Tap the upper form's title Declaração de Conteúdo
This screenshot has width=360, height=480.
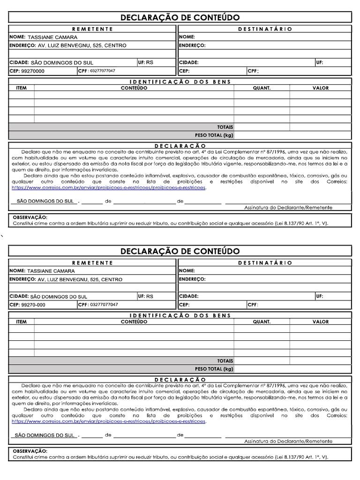[180, 18]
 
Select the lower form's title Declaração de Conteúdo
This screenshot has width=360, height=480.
[180, 251]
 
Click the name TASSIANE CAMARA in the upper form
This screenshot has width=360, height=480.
[52, 37]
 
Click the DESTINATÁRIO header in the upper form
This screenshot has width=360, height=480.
[265, 29]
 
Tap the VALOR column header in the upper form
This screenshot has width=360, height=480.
[321, 88]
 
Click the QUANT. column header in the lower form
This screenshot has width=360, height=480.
[262, 322]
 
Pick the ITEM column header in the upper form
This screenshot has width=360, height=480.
[22, 88]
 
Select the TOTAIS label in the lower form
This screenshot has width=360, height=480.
[225, 361]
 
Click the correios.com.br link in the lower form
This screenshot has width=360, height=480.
[109, 421]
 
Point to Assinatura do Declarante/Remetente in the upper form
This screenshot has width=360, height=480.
[288, 207]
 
